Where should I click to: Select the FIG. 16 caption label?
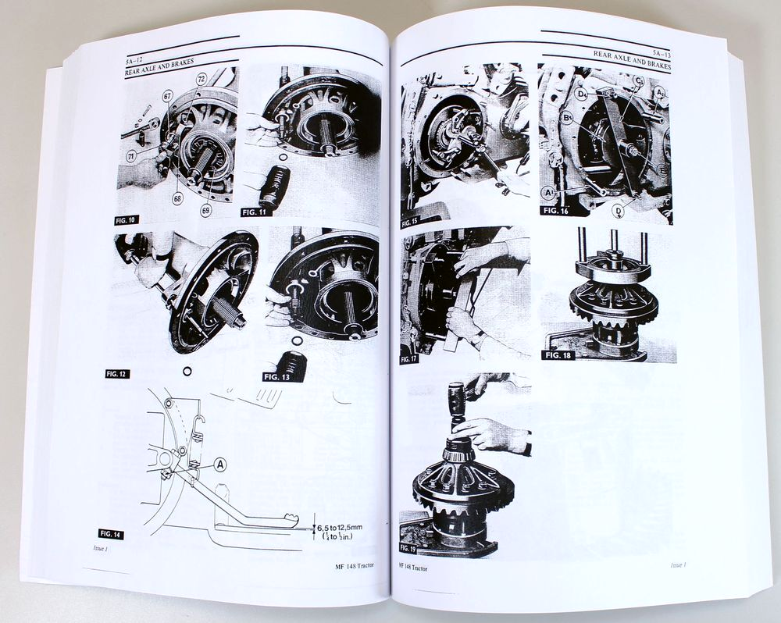556,210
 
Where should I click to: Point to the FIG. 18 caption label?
561,355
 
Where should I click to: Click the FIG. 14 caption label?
111,533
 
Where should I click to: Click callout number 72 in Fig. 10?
201,80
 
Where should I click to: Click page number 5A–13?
662,50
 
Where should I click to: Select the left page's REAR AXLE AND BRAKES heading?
160,72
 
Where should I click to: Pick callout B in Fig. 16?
565,119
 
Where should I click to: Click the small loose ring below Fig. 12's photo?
187,371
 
